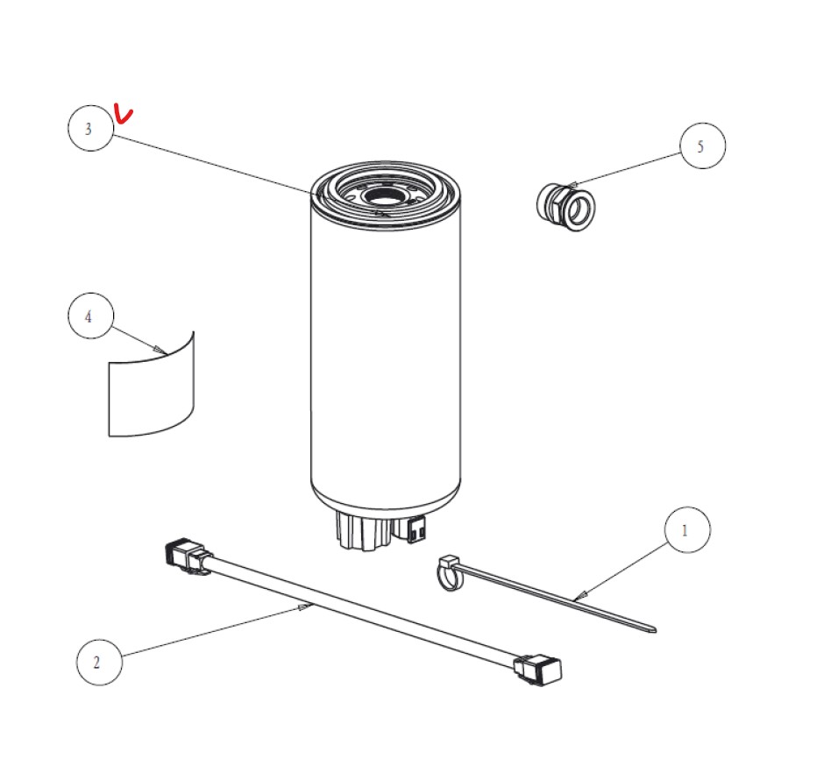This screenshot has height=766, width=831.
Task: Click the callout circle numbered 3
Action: pyautogui.click(x=90, y=128)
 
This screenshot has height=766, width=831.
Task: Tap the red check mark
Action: pyautogui.click(x=124, y=113)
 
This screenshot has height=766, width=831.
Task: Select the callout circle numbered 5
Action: pyautogui.click(x=702, y=145)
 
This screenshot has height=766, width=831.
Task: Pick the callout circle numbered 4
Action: pyautogui.click(x=90, y=316)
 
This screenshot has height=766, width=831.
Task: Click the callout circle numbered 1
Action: pyautogui.click(x=687, y=529)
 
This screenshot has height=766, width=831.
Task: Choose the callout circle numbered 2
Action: pyautogui.click(x=99, y=663)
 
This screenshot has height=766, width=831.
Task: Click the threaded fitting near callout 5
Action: pyautogui.click(x=565, y=207)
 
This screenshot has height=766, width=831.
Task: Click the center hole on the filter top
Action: pyautogui.click(x=384, y=196)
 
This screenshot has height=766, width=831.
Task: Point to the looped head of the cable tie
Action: pyautogui.click(x=450, y=572)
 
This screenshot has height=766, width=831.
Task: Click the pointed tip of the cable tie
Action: pyautogui.click(x=655, y=629)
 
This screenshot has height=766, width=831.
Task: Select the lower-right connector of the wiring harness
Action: pyautogui.click(x=537, y=670)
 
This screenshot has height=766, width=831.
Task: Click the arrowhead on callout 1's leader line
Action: pyautogui.click(x=580, y=595)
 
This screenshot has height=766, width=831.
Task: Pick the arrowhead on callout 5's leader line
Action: pyautogui.click(x=572, y=185)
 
